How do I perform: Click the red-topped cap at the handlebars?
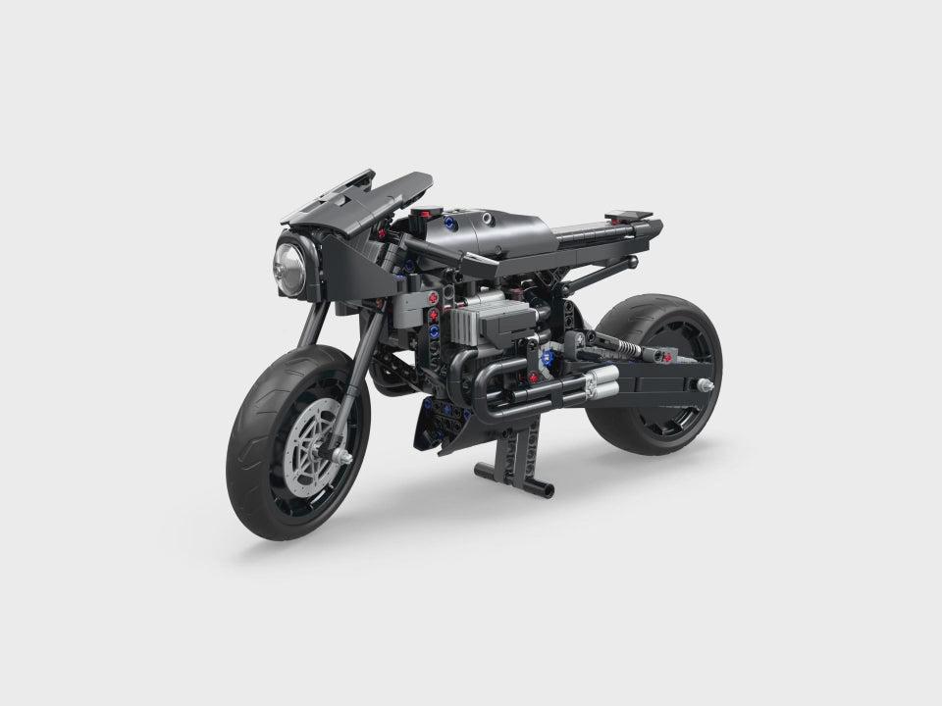[424, 214]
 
